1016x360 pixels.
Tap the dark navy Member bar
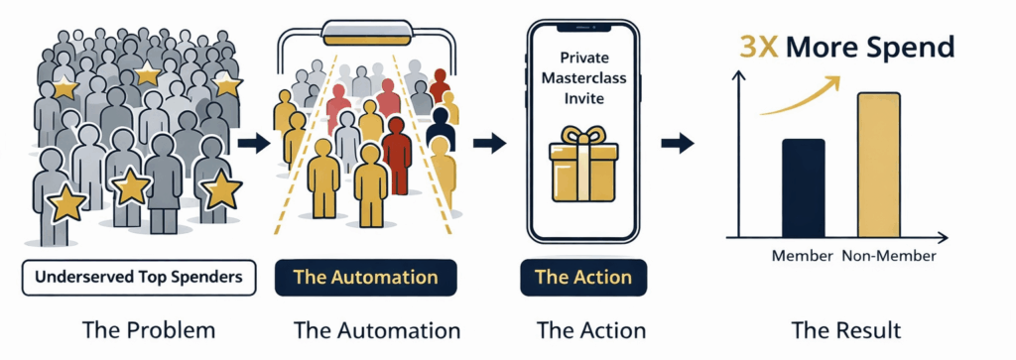point(804,188)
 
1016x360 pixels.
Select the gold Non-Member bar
point(879,165)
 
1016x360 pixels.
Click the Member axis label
point(802,256)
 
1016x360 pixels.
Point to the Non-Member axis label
point(889,256)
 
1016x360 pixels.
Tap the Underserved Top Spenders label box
point(139,278)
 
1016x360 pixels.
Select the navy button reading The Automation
point(366,278)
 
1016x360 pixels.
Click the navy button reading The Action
point(583,278)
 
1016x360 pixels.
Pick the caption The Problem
point(149,330)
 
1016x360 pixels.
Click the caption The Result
point(845,330)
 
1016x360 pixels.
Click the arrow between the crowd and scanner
point(254,143)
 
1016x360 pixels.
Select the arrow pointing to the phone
point(489,143)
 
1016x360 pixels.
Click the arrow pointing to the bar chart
point(678,143)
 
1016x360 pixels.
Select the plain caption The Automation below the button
point(377,330)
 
